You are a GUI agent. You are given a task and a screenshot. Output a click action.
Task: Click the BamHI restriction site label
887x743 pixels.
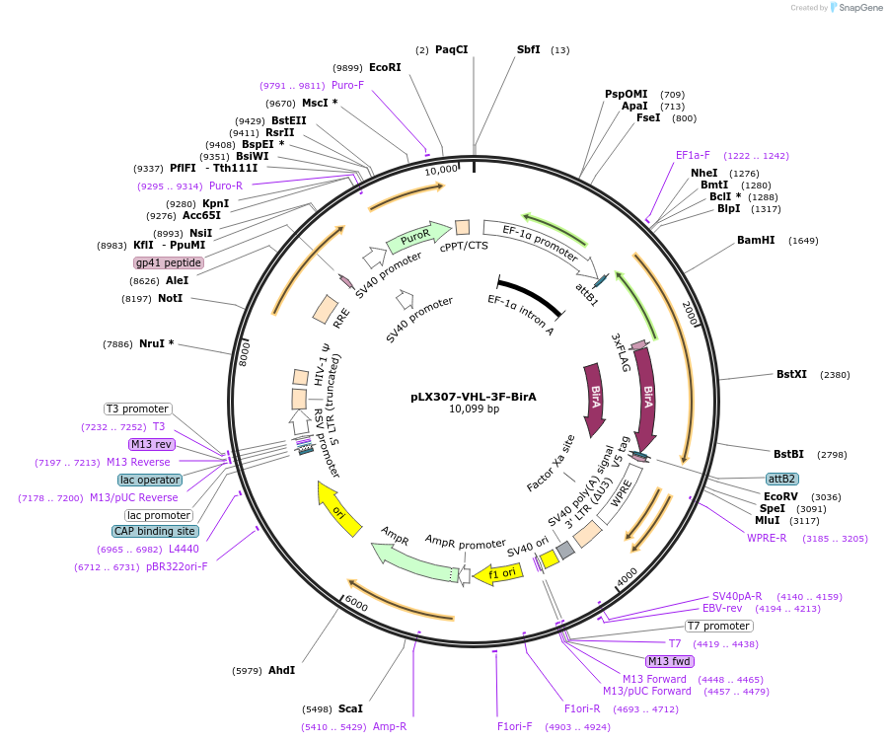[756, 241]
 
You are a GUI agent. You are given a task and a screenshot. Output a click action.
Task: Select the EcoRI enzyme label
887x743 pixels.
[385, 67]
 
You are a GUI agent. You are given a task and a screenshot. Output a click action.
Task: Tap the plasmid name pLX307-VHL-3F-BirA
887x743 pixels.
[474, 397]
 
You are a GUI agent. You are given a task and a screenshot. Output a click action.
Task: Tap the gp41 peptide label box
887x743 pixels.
[169, 263]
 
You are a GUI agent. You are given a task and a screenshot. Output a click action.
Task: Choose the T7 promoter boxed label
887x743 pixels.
[719, 626]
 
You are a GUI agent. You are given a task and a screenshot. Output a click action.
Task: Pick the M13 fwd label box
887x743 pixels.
[670, 661]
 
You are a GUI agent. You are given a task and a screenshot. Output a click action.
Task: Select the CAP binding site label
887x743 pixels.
[155, 531]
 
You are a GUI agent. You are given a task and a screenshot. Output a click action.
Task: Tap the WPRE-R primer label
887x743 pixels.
[767, 538]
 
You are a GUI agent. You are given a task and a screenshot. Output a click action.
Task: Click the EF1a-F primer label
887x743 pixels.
[692, 155]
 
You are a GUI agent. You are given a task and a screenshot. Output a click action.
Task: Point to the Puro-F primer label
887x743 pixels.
[347, 85]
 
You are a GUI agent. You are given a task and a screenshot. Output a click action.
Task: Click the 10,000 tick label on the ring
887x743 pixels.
[441, 169]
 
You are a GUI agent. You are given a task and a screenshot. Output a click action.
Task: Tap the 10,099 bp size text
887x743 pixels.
[474, 409]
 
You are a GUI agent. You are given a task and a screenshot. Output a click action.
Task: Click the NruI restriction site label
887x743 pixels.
[156, 343]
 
